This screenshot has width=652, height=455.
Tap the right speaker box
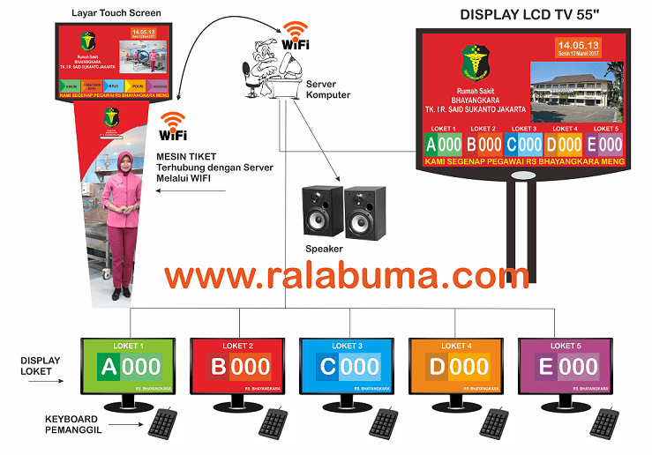tap(365, 212)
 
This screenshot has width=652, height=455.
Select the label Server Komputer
tap(328, 89)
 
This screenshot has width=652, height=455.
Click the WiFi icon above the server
tap(295, 36)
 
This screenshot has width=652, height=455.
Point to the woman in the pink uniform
tap(122, 220)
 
